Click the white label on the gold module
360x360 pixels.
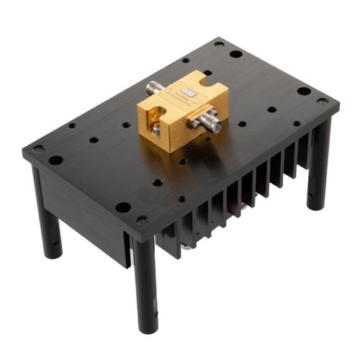point(189,92)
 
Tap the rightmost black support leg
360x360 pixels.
point(319,166)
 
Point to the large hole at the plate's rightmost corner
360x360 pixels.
point(304,91)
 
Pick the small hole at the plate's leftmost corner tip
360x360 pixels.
point(37,149)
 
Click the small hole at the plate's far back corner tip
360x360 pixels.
point(219,44)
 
